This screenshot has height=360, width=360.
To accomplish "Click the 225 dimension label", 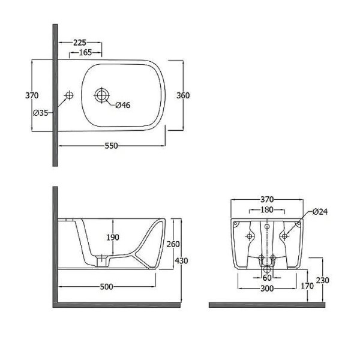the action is [80, 43].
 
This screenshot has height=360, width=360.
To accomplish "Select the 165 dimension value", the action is [85, 53].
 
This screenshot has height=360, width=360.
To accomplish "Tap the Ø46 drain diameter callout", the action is [122, 105].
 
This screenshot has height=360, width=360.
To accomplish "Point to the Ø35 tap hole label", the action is [41, 113].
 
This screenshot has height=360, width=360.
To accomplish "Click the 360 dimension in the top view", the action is [183, 95].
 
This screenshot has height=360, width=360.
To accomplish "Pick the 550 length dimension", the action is [112, 146].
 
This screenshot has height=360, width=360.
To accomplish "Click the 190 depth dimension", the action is [113, 237].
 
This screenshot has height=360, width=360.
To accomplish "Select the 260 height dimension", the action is [173, 244].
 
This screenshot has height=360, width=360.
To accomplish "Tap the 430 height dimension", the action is [181, 260].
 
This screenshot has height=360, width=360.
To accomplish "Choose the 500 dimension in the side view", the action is [107, 287].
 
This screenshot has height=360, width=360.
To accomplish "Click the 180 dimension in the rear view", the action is [267, 209].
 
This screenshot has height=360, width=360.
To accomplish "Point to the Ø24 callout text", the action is [320, 211].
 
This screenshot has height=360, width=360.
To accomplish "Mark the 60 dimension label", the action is [267, 278].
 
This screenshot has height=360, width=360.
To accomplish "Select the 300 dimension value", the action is [267, 289].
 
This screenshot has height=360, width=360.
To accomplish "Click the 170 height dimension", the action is [307, 286].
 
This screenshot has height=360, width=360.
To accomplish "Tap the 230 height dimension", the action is [322, 280].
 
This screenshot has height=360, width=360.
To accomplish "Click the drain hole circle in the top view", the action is [102, 95].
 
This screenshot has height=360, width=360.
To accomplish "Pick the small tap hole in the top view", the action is [69, 95].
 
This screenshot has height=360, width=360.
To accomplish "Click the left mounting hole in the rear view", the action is [250, 236].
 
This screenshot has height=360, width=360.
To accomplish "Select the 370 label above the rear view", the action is [267, 200].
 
